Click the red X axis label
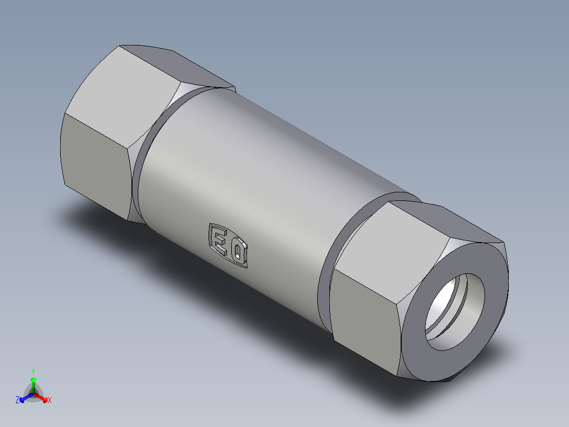click(x=50, y=401)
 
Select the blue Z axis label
click(x=17, y=401)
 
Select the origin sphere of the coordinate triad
click(x=33, y=394)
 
